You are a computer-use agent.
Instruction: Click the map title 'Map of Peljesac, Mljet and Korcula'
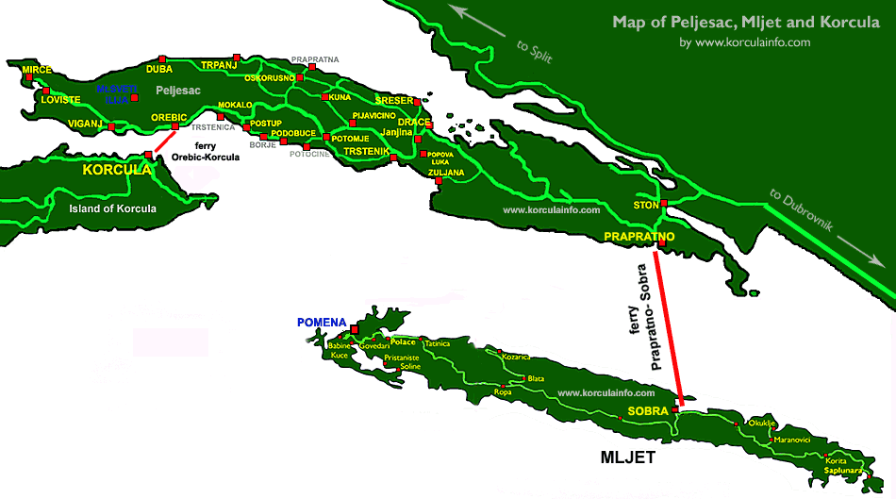[746, 22]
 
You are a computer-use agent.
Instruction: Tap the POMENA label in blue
[323, 322]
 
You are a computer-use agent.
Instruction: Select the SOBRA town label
[648, 411]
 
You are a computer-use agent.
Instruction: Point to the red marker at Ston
[664, 204]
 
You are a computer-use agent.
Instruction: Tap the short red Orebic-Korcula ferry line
[161, 141]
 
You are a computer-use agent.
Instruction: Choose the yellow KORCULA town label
[117, 171]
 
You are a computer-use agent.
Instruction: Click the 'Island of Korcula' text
[113, 208]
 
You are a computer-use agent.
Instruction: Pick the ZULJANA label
[444, 173]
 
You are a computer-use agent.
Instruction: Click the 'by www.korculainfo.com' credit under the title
[744, 42]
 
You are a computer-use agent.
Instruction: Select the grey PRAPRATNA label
[315, 59]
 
